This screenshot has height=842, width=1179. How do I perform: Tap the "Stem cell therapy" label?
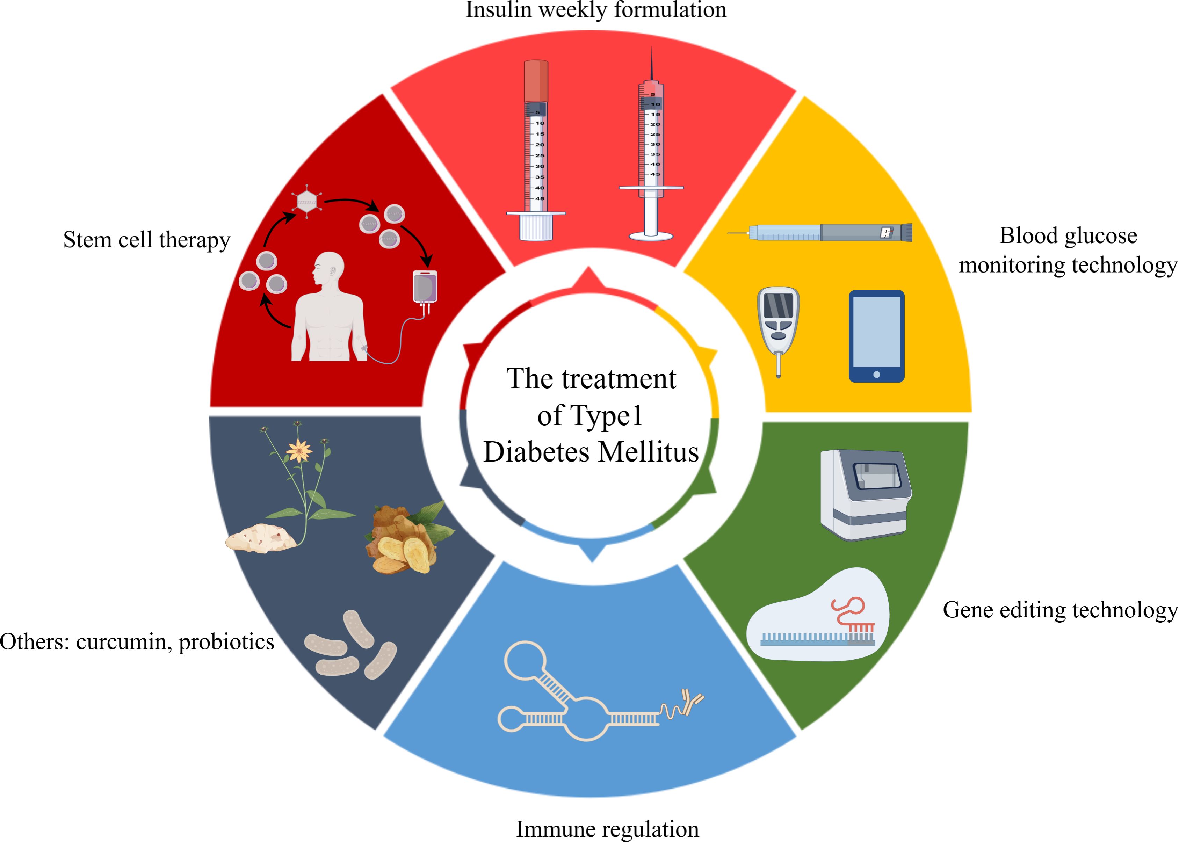[x=147, y=240]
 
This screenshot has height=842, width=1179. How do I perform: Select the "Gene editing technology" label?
[x=1060, y=610]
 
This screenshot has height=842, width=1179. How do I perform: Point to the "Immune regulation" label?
[x=607, y=828]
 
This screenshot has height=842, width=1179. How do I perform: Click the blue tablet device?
[x=876, y=336]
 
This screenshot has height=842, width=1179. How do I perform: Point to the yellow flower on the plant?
[x=299, y=451]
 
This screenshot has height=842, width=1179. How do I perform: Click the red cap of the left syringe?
[x=536, y=80]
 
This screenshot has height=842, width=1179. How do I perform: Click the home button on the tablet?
[x=876, y=374]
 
